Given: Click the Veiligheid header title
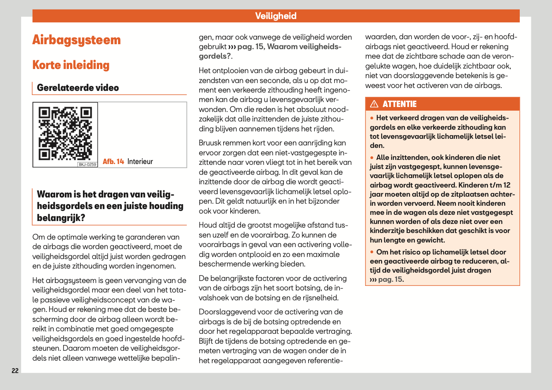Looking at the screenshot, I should pos(276,16).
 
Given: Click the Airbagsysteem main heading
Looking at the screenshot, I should pos(76,40).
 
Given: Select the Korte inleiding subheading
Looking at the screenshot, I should pos(71,65).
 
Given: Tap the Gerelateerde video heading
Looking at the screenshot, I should pos(78,88).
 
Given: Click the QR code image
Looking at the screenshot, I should pos(65,133).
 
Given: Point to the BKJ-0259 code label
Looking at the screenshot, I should pos(87,164).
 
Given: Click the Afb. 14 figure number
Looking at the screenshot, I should pos(113,162).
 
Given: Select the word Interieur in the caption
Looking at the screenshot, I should pos(140,162).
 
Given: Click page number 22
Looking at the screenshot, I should pos(15,371).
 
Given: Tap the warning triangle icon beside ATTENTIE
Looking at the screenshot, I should pos(374,104).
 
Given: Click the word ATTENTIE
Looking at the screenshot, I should pos(399,104).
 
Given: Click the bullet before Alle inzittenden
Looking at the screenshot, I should pos(372,158).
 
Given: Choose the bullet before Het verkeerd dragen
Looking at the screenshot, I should pos(372,118).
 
